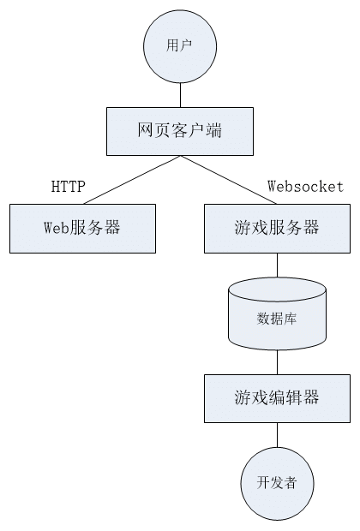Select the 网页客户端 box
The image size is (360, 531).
tap(180, 130)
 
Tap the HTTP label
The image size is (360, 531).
tap(69, 187)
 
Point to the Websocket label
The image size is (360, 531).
tap(305, 186)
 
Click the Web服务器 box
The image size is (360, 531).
tap(82, 228)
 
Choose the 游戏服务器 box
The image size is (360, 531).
tap(276, 228)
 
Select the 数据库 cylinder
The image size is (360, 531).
tap(277, 317)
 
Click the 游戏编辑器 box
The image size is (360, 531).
tap(276, 397)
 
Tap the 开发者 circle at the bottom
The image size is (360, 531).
tap(276, 483)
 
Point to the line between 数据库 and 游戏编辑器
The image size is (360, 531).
tap(277, 361)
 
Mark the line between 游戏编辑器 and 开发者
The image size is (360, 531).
tap(277, 434)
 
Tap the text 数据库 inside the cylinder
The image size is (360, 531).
tap(277, 320)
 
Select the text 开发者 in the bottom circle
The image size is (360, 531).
tap(276, 483)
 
